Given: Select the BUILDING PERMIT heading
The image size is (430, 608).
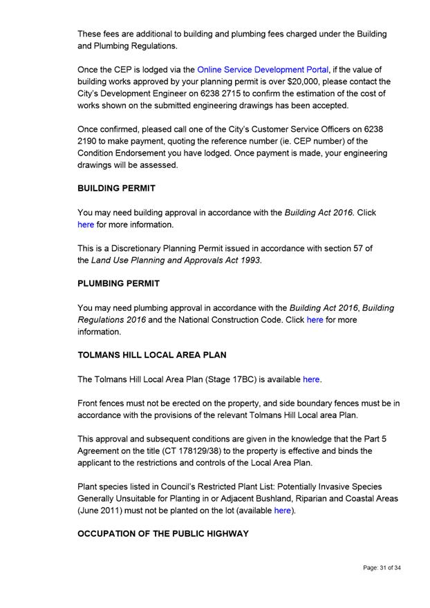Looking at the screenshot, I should (116, 188).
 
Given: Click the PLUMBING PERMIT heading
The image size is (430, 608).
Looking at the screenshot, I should (118, 283).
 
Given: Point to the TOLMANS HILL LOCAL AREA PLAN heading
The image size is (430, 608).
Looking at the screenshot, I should (152, 355).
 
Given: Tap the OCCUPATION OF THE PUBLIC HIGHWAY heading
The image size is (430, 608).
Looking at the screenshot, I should (163, 534).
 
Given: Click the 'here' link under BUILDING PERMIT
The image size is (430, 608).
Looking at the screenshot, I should (86, 225).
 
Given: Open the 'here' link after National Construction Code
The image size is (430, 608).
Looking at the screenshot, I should (315, 320).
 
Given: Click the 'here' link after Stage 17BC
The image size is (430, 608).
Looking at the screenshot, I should (311, 379).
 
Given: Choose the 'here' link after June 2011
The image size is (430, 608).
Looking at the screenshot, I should (282, 511).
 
